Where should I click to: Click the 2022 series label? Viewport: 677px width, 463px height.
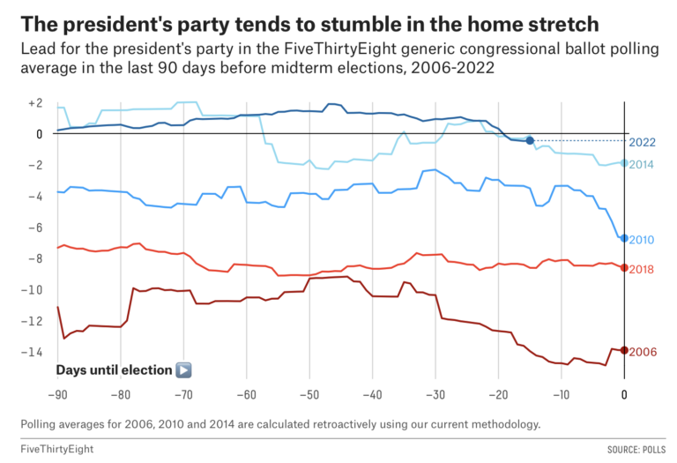coord(643,141)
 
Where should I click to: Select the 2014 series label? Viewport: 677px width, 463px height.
coord(643,164)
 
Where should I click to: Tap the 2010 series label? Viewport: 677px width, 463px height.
coord(643,240)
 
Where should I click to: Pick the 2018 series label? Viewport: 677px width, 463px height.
coord(643,268)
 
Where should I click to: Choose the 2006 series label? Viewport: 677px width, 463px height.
coord(643,351)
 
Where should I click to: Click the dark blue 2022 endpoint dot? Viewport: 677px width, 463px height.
coord(530,140)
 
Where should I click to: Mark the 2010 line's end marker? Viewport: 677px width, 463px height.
coord(624,238)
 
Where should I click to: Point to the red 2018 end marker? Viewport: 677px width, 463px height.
coord(624,267)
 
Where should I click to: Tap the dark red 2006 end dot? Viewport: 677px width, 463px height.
coord(624,350)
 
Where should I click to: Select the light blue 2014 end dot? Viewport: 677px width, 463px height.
coord(624,162)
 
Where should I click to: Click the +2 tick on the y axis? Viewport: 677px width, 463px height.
coord(35,103)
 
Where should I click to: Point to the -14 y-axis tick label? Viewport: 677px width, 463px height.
coord(33,352)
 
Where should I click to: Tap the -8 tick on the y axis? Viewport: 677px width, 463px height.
coord(35,258)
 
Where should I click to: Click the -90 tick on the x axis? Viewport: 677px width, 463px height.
coord(57,395)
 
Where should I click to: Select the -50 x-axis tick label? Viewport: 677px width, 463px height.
coord(309,395)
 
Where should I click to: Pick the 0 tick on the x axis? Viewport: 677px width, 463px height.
coord(624,395)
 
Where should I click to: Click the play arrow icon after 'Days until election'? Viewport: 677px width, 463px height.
coord(183,370)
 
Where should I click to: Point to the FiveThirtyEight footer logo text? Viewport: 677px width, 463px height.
coord(56,449)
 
